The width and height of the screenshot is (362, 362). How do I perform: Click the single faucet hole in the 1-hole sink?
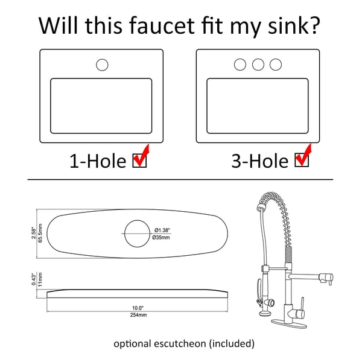(102, 65)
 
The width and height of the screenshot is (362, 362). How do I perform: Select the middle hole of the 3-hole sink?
(258, 65)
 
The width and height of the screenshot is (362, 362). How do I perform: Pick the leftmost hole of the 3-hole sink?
(240, 65)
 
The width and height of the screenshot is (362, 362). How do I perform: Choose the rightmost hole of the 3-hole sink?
(276, 65)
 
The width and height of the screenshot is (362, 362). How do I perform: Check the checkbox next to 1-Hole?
(139, 160)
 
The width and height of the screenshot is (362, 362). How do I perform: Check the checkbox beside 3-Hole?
(302, 160)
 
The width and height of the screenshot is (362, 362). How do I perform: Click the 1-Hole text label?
(98, 161)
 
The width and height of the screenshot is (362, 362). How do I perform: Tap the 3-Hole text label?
(260, 160)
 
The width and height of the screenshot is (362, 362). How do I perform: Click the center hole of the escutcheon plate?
(137, 233)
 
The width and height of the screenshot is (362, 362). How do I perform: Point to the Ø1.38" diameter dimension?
(162, 230)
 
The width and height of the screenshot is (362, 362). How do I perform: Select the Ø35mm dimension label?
(161, 237)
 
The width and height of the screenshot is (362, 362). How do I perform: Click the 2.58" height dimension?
(34, 233)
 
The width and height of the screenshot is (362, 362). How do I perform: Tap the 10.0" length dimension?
(138, 308)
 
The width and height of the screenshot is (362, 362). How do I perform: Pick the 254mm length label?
(138, 315)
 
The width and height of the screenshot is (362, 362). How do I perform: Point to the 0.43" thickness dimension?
(34, 279)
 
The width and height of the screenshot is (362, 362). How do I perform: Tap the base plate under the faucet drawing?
(289, 323)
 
